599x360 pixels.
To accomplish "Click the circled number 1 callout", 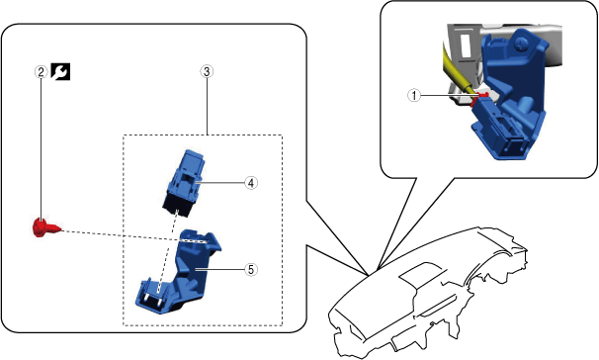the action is tap(414, 95).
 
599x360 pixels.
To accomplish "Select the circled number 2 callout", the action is tap(41, 71).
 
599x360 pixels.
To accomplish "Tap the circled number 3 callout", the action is tap(207, 71).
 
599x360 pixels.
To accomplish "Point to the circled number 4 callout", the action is tap(251, 183).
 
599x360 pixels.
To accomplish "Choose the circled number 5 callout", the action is tap(251, 269).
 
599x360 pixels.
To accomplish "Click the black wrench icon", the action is tap(60, 72).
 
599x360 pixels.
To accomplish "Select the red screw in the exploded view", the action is tap(45, 227).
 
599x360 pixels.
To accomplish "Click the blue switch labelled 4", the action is tap(184, 183).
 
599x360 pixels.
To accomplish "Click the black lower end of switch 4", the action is tap(177, 208).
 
